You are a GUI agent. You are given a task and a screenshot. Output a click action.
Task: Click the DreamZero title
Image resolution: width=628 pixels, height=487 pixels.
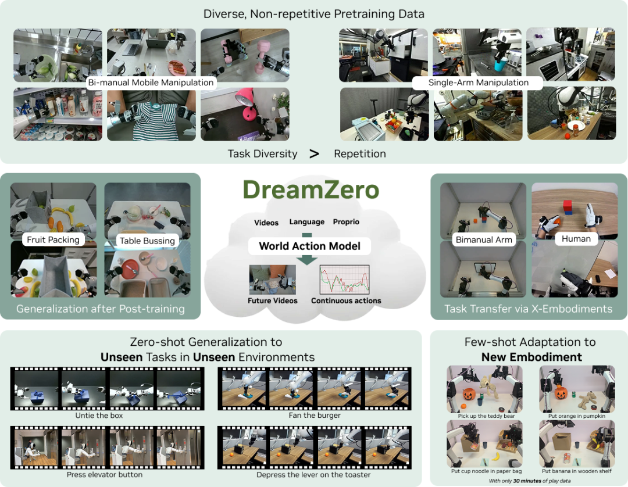coord(311,189)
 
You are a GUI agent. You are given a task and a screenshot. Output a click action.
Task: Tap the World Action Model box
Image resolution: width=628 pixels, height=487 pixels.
coord(309,246)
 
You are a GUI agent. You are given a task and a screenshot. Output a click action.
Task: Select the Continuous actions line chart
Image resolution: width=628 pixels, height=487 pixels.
coord(344,280)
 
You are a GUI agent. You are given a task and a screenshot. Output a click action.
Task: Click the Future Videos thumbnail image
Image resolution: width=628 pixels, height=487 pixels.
coord(272,280)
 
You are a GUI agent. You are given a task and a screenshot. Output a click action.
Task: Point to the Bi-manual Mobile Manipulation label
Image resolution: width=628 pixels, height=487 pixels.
coord(151,83)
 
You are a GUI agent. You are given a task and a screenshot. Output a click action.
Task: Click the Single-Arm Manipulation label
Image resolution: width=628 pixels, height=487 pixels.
coord(478,83)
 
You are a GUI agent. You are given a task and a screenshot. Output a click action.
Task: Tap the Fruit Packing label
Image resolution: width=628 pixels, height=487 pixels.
coord(53,239)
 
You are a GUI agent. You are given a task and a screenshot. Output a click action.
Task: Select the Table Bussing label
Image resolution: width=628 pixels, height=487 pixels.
coord(147,241)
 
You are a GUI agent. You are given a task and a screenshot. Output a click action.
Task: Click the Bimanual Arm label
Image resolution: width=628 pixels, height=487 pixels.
coord(484,239)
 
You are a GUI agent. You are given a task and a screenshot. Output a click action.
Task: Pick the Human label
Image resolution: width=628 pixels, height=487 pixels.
coord(576,239)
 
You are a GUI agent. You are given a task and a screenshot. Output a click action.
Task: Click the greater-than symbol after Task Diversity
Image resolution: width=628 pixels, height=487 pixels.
coord(315,153)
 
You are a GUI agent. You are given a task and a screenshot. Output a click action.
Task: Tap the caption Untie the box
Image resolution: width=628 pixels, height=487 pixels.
coord(99,416)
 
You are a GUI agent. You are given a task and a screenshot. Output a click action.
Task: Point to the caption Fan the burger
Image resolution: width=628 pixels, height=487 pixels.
coord(315,416)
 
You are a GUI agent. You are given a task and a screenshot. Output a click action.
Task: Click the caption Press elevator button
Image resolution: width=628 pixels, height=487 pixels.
coord(105,475)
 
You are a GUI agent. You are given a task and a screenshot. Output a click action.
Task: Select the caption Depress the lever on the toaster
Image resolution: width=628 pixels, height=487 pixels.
coord(313,475)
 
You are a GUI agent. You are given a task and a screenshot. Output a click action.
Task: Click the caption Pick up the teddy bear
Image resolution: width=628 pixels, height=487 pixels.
coord(486,416)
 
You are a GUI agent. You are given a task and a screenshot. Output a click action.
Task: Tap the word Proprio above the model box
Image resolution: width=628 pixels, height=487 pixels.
coord(346,221)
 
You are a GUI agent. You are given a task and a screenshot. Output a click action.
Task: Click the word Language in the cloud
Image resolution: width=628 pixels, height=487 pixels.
coord(307,221)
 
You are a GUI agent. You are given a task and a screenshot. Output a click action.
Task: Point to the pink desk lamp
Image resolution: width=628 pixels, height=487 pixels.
coord(247,104)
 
